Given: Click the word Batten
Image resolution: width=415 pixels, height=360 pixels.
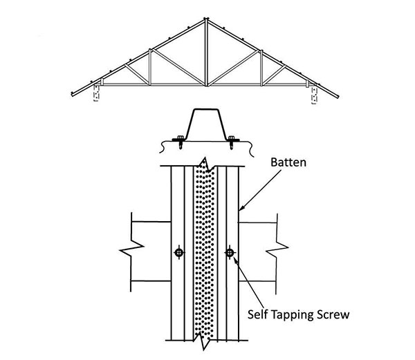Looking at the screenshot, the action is [x=288, y=162].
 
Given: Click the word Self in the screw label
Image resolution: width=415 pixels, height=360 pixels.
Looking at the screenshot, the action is [x=258, y=314].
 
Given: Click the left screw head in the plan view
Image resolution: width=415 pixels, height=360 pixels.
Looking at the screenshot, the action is [x=179, y=253].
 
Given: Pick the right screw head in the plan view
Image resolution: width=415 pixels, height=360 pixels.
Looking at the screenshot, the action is [x=230, y=253].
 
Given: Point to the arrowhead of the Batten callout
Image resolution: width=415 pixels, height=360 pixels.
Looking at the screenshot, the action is [x=241, y=208].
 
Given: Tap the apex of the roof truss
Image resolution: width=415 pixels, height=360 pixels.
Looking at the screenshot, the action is [x=205, y=19].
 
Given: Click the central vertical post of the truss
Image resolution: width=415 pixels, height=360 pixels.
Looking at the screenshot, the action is [x=206, y=53].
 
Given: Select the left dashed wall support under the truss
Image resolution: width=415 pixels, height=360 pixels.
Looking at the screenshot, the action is [x=96, y=93].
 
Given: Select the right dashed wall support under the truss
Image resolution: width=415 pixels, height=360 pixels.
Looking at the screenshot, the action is [x=314, y=95].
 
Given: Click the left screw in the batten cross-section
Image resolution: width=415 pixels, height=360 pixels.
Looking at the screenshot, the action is [x=180, y=142].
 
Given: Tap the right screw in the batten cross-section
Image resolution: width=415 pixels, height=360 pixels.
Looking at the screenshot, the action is [x=231, y=142].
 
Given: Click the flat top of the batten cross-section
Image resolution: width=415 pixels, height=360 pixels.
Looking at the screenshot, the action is [x=206, y=109].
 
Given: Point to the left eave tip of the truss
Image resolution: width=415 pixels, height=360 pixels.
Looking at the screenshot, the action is [x=72, y=94].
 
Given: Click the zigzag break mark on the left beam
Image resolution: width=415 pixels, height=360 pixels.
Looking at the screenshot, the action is [x=131, y=249].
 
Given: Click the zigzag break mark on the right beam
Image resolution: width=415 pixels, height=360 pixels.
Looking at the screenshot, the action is [x=277, y=249].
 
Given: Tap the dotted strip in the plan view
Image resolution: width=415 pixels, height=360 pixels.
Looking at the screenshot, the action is [x=204, y=251].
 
